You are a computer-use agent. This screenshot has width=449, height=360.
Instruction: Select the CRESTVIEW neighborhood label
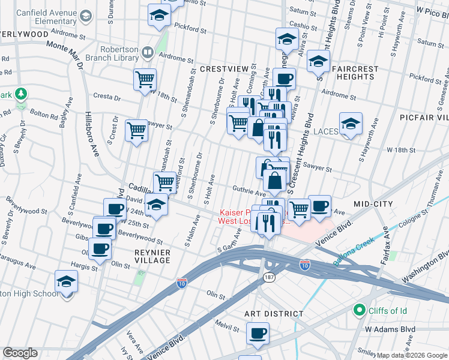[224, 69]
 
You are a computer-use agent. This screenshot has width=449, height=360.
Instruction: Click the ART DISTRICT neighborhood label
[274, 314]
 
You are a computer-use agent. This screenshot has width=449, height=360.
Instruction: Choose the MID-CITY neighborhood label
[373, 204]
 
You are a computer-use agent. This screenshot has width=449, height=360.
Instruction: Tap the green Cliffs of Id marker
[360, 310]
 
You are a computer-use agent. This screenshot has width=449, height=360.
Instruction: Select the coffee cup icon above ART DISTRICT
[258, 333]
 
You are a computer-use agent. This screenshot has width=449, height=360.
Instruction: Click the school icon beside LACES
[351, 124]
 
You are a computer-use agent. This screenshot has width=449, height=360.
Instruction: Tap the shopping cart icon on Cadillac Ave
[164, 182]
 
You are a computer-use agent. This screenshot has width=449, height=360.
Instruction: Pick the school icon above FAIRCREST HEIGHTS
[318, 61]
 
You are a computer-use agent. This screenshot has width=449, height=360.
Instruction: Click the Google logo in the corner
[20, 353]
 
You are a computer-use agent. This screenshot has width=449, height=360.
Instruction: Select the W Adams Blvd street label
[391, 329]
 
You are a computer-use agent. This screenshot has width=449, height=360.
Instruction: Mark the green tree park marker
[22, 94]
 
